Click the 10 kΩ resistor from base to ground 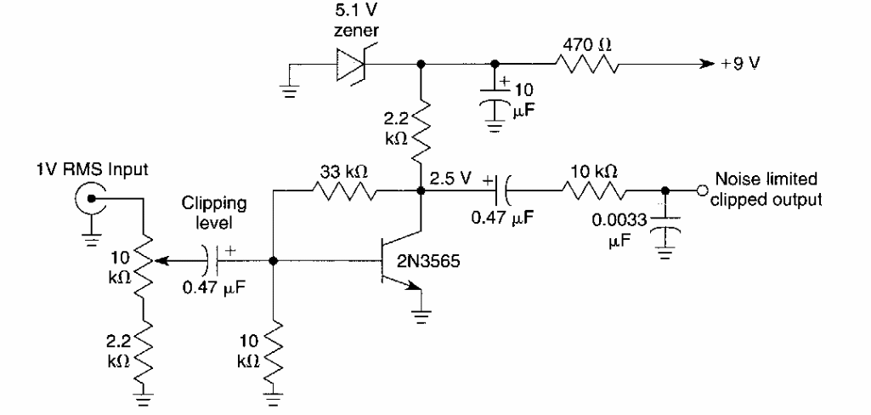pyautogui.click(x=274, y=352)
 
